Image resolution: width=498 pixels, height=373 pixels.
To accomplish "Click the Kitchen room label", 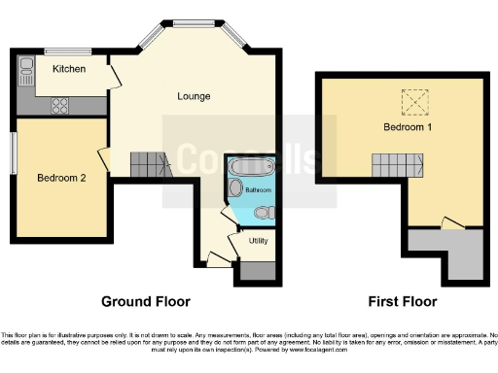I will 68,69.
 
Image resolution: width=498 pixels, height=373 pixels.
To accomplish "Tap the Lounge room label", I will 194,96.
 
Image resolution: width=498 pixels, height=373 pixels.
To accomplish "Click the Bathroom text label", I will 258,188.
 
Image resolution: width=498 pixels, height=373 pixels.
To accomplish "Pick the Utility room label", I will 258,239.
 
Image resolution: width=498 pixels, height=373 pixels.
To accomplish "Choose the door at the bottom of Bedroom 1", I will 450,222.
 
